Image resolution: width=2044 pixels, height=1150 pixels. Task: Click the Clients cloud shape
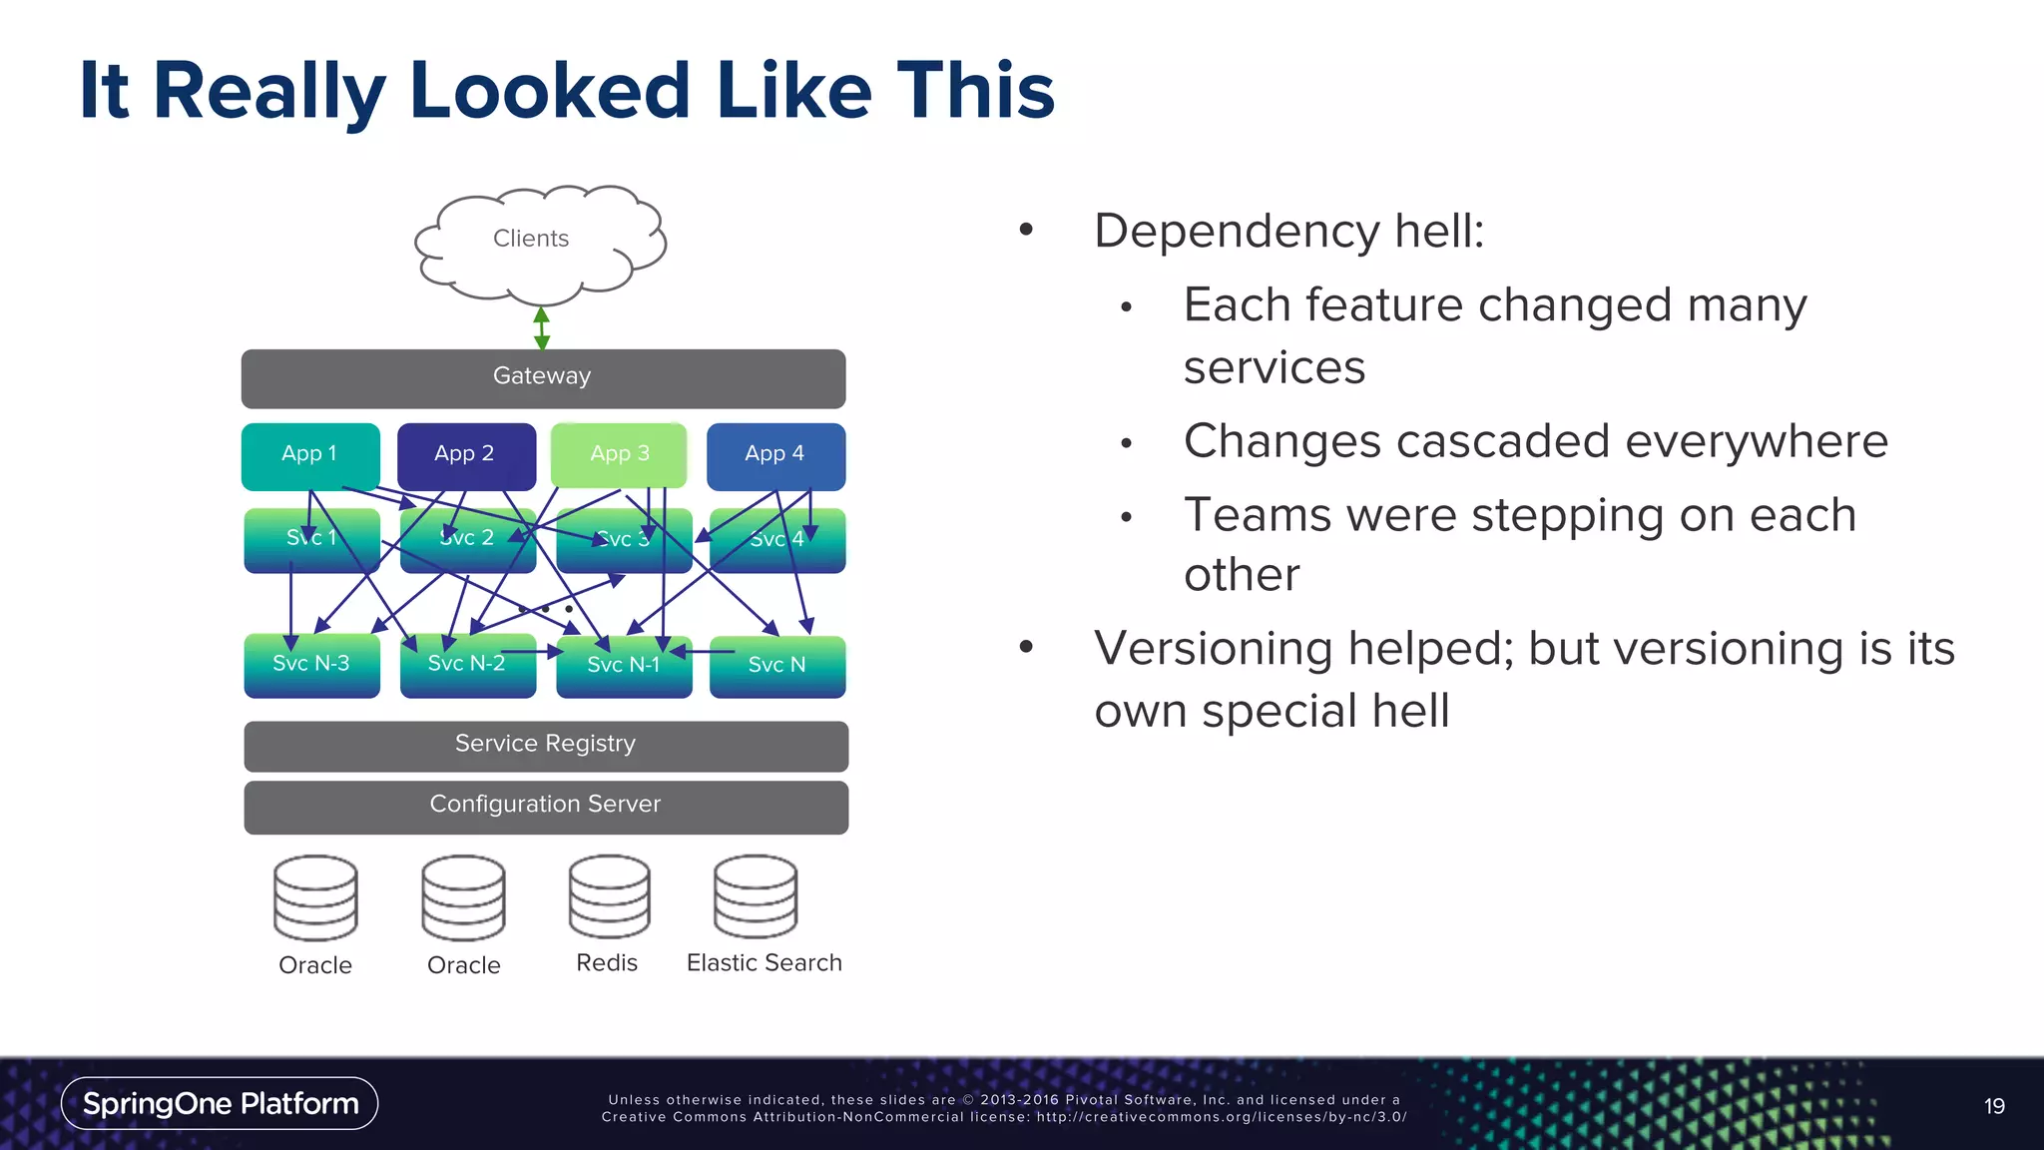540,240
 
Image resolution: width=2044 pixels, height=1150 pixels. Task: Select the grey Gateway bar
543,377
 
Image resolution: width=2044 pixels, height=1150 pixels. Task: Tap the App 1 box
310,455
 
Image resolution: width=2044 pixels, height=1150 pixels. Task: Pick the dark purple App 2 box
466,455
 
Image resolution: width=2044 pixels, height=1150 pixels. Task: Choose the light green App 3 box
619,455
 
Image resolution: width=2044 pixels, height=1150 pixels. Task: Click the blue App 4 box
775,455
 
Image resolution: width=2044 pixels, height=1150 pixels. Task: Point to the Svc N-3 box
311,665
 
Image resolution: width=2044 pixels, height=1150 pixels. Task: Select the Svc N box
777,666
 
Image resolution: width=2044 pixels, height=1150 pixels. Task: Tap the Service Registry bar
546,745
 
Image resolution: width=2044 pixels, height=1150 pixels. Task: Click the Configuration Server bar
546,806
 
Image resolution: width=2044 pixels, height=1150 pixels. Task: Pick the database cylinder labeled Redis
609,896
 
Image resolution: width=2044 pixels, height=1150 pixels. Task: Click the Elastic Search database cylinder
756,896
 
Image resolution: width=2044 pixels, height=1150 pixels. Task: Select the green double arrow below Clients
542,327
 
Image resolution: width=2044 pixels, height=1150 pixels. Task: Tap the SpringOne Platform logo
220,1103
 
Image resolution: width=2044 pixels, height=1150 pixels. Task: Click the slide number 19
1994,1106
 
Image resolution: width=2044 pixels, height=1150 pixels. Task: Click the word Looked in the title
550,91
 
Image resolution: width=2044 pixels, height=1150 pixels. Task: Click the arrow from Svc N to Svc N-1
703,652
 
